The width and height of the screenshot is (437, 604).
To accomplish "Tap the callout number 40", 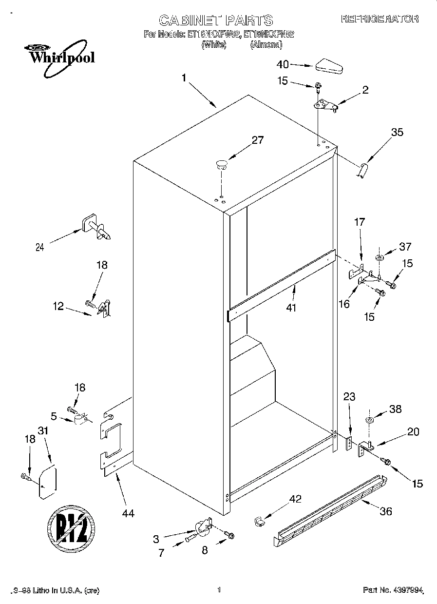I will (x=283, y=64).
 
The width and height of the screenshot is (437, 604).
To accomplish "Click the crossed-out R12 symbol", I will (x=71, y=525).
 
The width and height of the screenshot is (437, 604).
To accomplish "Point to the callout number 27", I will (x=257, y=140).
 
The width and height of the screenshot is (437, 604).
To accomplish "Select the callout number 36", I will (x=385, y=511).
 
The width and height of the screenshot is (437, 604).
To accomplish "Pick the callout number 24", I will (x=40, y=247).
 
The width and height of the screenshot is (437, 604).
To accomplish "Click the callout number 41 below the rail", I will (x=292, y=308).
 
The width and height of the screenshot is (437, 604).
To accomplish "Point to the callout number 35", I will (x=398, y=132).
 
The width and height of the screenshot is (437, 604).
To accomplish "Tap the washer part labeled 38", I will (x=370, y=420).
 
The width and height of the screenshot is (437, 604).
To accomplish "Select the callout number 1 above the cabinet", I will (x=184, y=78).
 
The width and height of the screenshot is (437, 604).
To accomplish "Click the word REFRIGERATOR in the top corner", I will (x=380, y=19).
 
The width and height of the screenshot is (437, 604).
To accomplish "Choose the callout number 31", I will (x=43, y=431).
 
